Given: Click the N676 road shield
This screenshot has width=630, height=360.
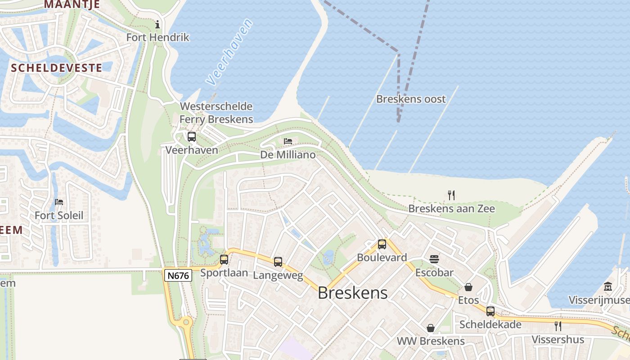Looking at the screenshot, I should click(178, 275).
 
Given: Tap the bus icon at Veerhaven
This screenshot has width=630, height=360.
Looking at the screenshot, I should click(192, 137).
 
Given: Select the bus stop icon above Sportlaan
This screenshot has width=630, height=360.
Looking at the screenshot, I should click(224, 260).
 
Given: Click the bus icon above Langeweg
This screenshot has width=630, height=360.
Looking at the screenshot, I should click(278, 262).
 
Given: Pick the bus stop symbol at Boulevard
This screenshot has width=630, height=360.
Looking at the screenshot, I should click(382, 244).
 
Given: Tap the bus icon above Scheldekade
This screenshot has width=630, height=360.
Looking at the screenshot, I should click(490, 311).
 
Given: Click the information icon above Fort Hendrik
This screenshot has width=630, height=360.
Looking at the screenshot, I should click(157, 24).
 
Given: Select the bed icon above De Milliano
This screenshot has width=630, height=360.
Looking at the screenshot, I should click(288, 142).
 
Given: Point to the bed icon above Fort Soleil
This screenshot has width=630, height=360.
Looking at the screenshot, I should click(59, 202).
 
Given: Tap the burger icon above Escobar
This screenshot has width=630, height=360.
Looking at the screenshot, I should click(434, 259).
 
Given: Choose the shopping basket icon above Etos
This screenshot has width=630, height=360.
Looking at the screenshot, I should click(468, 287).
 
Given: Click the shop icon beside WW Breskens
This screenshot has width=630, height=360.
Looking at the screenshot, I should click(431, 328).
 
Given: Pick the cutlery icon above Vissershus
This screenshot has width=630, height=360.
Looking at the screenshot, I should click(558, 326).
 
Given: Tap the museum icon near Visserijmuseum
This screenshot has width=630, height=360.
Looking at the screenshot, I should click(608, 287).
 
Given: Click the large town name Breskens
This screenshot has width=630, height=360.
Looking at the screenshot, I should click(352, 293).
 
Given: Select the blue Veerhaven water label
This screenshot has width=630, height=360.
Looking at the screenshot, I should click(229, 52).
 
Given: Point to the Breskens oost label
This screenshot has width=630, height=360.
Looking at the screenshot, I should click(411, 99).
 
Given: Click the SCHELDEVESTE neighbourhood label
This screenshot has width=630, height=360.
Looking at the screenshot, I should click(56, 68).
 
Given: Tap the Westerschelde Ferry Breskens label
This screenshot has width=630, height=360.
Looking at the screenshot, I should click(216, 113).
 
